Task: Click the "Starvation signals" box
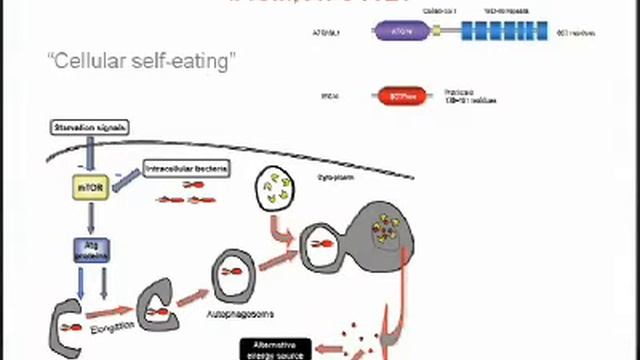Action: tap(91, 128)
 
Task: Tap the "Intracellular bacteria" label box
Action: tap(186, 169)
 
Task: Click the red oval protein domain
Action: tap(399, 96)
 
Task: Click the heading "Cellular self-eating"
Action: tap(140, 61)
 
